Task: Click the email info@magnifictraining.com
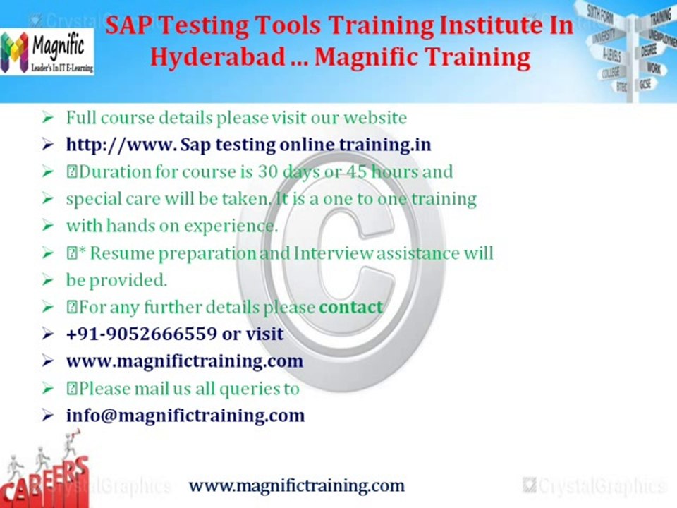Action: (185, 415)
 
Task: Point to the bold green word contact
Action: (350, 307)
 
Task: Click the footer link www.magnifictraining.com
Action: (296, 485)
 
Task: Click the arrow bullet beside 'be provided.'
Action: (47, 280)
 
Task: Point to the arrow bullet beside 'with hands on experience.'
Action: (47, 226)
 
